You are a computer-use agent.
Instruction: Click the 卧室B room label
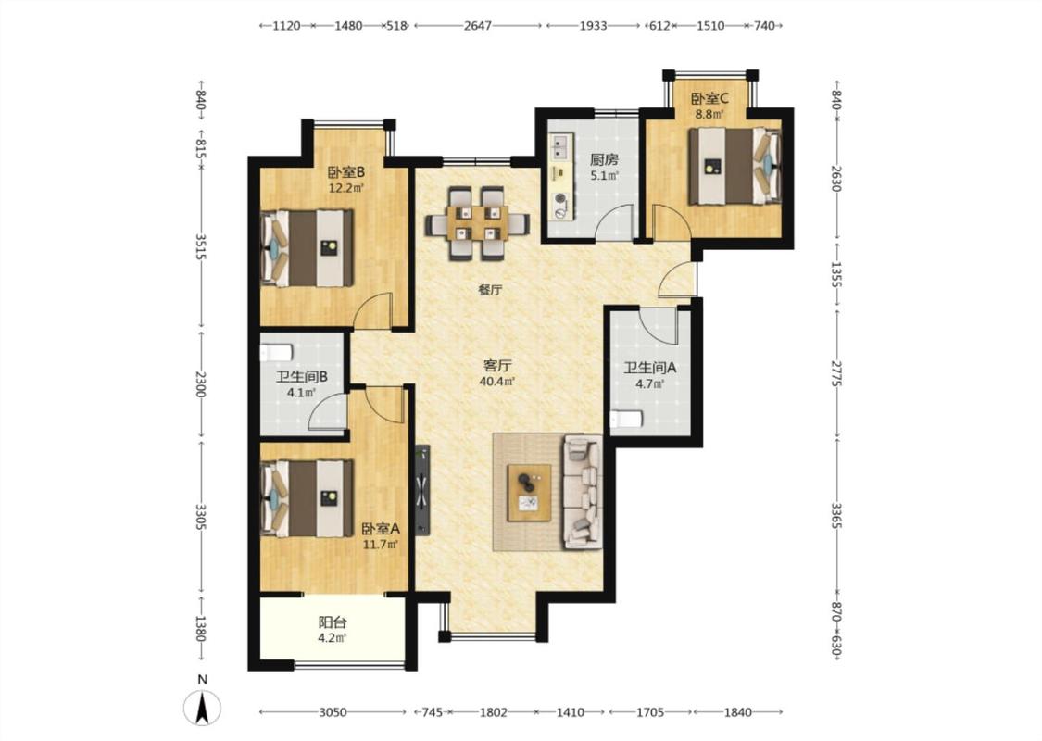[x=346, y=173]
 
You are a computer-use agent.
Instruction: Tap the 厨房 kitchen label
[x=605, y=160]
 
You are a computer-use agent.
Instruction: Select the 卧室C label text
[x=709, y=99]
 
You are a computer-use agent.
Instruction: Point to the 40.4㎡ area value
[x=497, y=382]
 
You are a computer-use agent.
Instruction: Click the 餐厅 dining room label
[x=490, y=290]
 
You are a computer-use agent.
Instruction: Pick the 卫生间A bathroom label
[x=650, y=368]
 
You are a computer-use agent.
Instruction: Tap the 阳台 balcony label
[x=333, y=622]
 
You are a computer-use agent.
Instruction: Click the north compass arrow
[x=204, y=708]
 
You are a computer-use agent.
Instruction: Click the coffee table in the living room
[x=529, y=493]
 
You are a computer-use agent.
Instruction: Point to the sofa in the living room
[x=583, y=493]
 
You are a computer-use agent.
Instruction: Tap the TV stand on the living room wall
[x=422, y=491]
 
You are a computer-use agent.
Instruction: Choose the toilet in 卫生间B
[x=276, y=352]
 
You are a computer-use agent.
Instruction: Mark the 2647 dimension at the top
[x=478, y=26]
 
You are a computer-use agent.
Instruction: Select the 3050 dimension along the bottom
[x=333, y=712]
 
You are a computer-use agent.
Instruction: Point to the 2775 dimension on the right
[x=836, y=374]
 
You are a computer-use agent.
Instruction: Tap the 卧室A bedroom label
[x=381, y=529]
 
